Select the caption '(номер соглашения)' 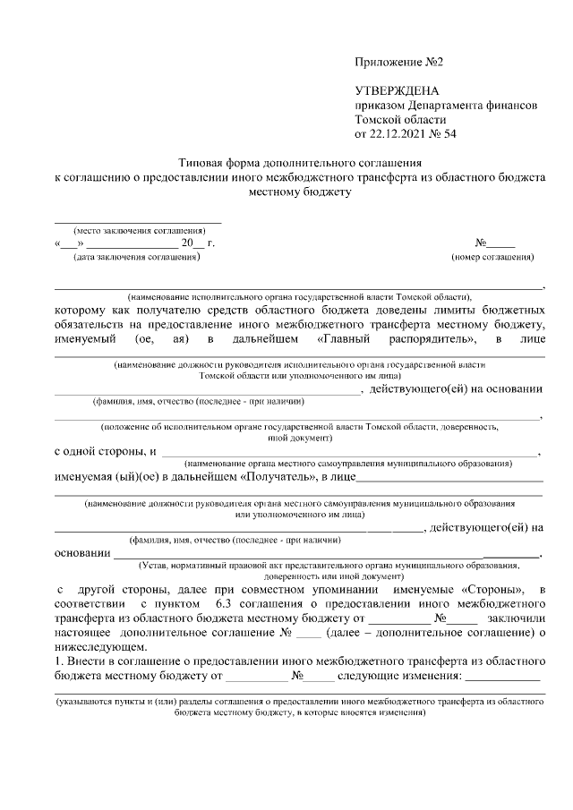point(492,258)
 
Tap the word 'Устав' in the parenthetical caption point(153,567)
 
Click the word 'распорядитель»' point(432,339)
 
